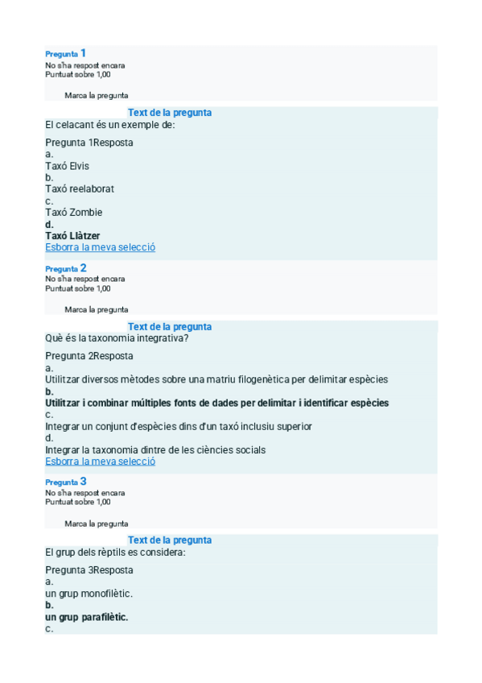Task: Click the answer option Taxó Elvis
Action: [x=67, y=166]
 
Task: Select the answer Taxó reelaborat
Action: [x=80, y=188]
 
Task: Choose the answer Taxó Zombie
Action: [x=73, y=212]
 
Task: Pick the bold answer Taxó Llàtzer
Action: [x=72, y=235]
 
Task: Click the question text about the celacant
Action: [x=110, y=125]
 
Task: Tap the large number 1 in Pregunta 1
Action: [x=84, y=53]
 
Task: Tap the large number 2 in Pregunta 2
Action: [x=84, y=267]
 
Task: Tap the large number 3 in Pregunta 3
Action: [x=84, y=481]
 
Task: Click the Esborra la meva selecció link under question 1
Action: [x=100, y=247]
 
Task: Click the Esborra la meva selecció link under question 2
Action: [x=100, y=462]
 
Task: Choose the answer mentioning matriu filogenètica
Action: [x=216, y=379]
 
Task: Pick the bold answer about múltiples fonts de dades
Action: [x=216, y=403]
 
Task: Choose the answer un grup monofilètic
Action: [x=89, y=593]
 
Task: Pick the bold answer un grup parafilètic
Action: [x=87, y=617]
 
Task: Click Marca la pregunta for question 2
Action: [x=96, y=309]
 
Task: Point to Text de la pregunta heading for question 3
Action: [x=170, y=540]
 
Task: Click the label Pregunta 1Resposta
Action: [x=89, y=143]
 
